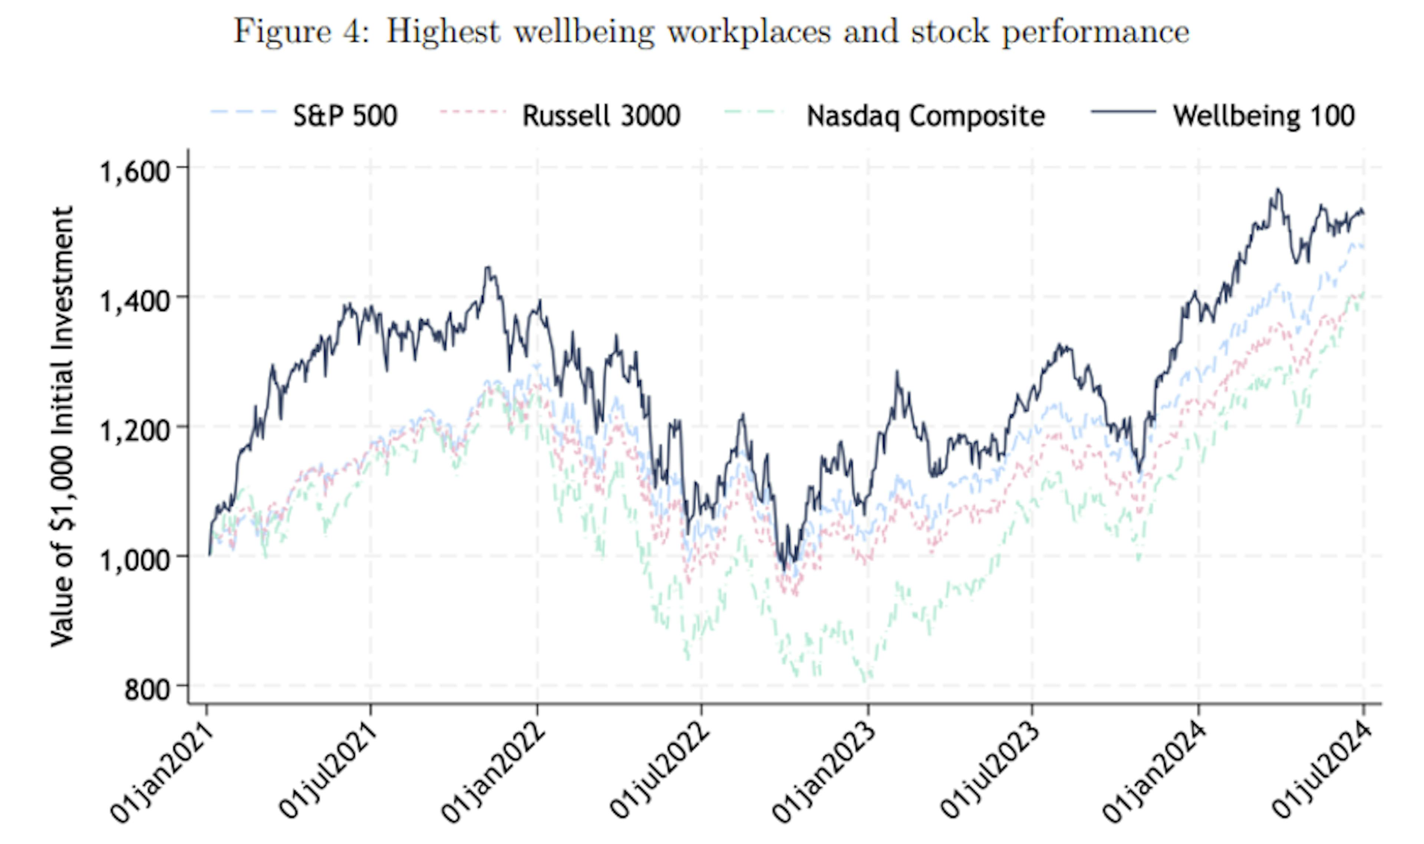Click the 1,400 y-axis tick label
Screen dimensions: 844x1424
pyautogui.click(x=135, y=300)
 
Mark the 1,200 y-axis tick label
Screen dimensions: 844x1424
pyautogui.click(x=135, y=429)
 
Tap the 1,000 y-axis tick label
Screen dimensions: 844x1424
pyautogui.click(x=135, y=559)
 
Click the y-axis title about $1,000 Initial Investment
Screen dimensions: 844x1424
pyautogui.click(x=63, y=426)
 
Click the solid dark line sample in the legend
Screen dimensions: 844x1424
pyautogui.click(x=1123, y=112)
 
